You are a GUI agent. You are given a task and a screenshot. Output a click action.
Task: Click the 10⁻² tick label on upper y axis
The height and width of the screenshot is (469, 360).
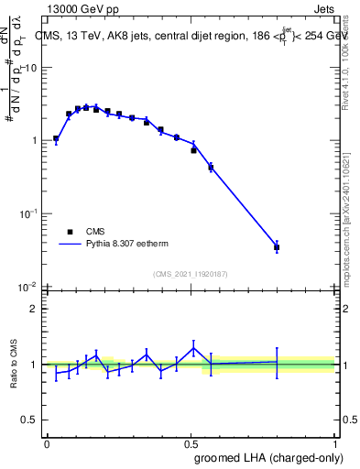click(x=28, y=286)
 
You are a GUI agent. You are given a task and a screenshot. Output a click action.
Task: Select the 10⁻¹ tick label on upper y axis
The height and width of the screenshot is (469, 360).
click(x=28, y=213)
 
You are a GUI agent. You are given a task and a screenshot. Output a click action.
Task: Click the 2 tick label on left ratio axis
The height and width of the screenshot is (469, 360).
click(x=35, y=309)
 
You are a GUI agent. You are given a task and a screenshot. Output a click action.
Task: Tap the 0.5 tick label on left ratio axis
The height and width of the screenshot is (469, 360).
click(x=30, y=420)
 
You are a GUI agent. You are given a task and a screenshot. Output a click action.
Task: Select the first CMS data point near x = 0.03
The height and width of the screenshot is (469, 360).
click(x=56, y=138)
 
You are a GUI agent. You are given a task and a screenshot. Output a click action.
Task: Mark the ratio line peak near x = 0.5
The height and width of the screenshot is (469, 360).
click(x=193, y=347)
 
